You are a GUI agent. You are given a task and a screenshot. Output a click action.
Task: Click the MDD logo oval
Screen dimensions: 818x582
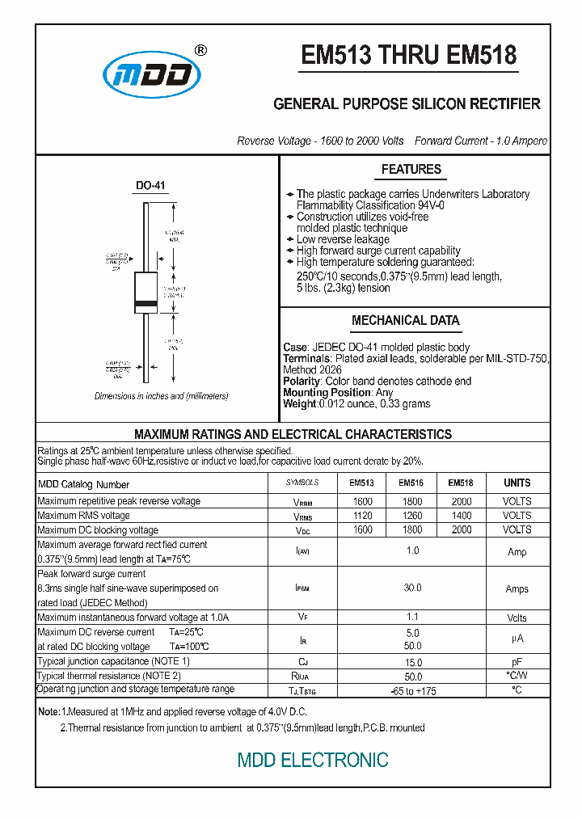(151, 75)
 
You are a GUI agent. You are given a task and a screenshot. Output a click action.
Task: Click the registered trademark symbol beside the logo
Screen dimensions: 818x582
(201, 50)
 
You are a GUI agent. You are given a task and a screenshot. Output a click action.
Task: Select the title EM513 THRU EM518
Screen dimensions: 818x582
(408, 55)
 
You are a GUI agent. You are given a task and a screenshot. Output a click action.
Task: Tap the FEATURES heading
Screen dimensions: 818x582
(411, 169)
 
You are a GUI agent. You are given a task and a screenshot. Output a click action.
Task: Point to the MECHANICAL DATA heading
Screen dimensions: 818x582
(406, 320)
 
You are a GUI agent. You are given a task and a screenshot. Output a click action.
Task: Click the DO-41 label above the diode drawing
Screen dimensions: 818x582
(150, 186)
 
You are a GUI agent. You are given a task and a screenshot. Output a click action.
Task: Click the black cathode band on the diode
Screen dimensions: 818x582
(145, 304)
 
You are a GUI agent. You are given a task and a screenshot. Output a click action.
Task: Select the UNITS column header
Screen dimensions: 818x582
(517, 483)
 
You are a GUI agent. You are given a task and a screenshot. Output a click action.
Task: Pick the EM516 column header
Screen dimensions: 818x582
(411, 483)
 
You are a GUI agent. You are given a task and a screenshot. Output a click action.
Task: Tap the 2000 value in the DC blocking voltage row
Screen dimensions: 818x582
(462, 529)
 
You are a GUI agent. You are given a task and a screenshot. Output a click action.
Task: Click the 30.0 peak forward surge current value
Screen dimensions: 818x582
(412, 588)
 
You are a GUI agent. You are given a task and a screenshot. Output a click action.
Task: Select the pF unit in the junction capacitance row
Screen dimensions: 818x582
(517, 661)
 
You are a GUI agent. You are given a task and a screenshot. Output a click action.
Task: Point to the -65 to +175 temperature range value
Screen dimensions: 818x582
(412, 691)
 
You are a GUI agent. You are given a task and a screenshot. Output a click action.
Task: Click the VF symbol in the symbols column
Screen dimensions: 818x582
(302, 617)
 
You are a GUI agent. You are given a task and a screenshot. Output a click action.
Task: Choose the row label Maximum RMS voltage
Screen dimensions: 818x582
(83, 515)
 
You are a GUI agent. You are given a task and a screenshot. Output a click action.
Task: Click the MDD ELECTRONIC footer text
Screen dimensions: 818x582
(313, 760)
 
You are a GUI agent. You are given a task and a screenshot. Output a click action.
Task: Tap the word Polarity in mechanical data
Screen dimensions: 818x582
(302, 381)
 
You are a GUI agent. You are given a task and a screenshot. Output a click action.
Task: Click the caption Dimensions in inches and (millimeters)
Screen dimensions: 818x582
(161, 396)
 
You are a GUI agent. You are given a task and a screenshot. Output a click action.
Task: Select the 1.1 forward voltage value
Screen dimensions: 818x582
(412, 617)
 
